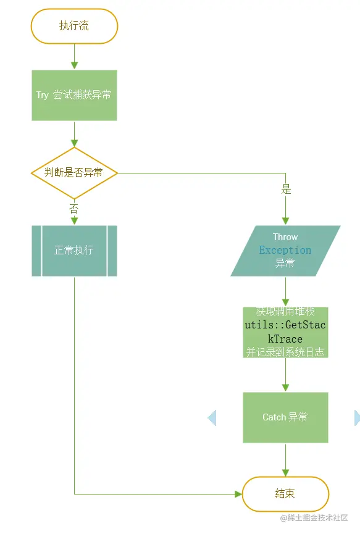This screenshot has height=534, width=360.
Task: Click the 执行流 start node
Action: [x=74, y=26]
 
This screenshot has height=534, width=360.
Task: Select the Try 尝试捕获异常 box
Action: [x=74, y=95]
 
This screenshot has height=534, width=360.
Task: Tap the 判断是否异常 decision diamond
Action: [x=74, y=173]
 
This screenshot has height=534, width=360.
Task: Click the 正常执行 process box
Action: [x=74, y=251]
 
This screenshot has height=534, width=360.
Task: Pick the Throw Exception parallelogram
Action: [x=285, y=251]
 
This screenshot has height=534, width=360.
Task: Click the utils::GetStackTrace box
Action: [x=285, y=333]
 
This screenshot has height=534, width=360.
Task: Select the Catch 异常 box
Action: [x=285, y=417]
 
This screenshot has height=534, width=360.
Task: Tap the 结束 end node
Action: [x=285, y=494]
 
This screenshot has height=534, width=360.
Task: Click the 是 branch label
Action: [x=286, y=190]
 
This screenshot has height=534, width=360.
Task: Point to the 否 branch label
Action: [x=74, y=208]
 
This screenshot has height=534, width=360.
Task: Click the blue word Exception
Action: [x=285, y=250]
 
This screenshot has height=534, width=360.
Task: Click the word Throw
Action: [x=285, y=237]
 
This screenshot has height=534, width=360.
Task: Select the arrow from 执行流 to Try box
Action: [x=74, y=57]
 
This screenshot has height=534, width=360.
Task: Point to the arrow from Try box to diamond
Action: [x=74, y=134]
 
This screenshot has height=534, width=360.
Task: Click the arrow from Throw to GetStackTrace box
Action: [x=285, y=291]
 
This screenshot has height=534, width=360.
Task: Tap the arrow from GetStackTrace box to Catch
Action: [x=285, y=375]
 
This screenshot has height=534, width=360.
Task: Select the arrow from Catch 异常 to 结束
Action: [x=285, y=460]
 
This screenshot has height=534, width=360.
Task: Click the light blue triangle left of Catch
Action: [x=212, y=418]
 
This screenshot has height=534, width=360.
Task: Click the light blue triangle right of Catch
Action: [x=356, y=418]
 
